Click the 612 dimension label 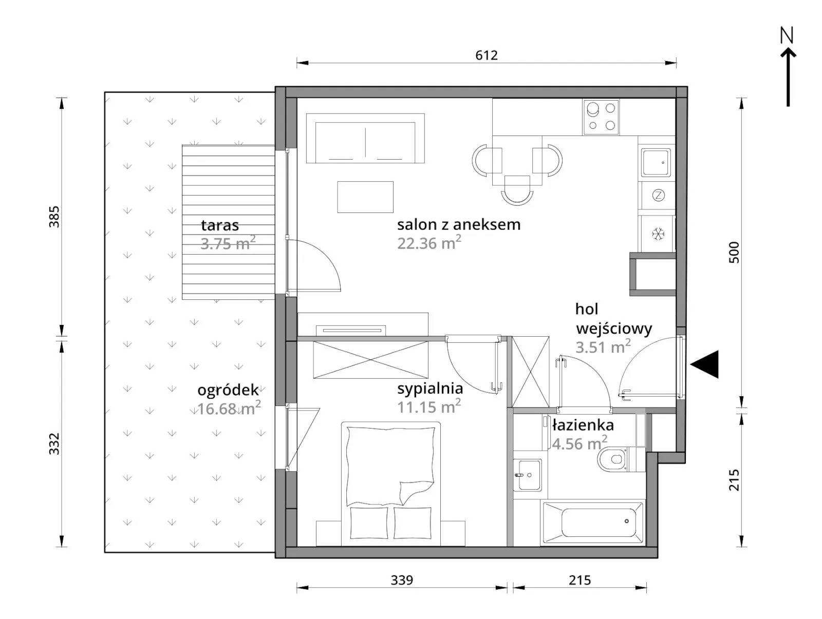487,55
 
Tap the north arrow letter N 787,36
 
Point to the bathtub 593,523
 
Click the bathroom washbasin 527,474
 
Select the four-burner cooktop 601,117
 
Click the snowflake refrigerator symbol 658,234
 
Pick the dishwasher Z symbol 658,195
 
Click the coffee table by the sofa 365,197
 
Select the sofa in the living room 365,138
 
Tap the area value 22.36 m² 429,243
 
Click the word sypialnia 430,390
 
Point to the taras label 220,225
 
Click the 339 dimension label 402,580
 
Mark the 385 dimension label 54,217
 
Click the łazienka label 583,425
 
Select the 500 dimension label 735,253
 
